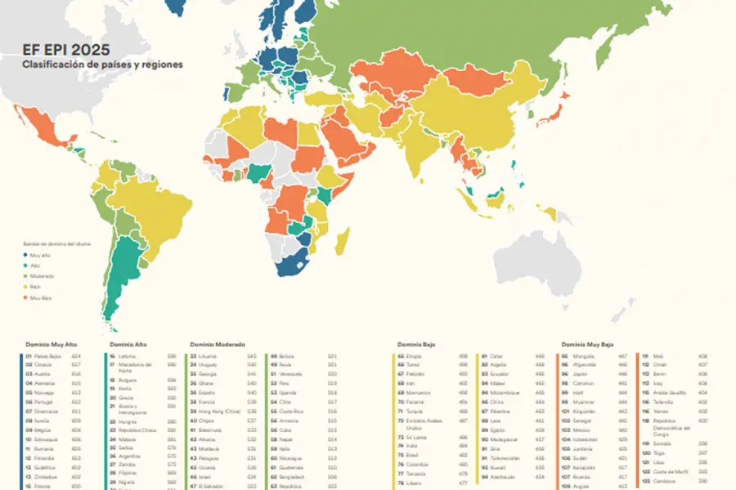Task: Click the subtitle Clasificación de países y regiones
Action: click(x=102, y=64)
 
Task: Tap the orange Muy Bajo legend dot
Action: click(x=24, y=298)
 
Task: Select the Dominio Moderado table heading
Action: click(x=218, y=345)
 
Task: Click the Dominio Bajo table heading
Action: click(x=416, y=345)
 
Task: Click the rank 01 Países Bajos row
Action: click(x=49, y=357)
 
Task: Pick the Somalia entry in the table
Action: click(x=663, y=442)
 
